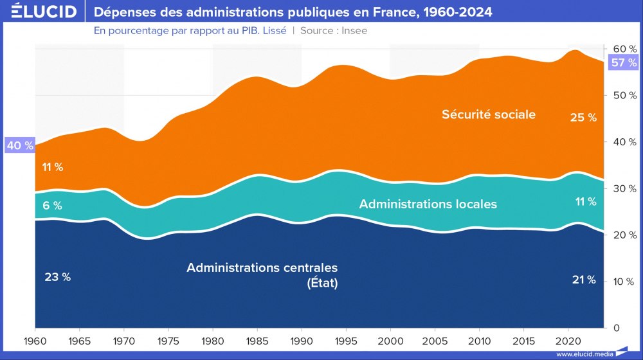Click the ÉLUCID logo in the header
click(x=41, y=12)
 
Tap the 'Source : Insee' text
click(x=334, y=30)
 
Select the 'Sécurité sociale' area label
click(x=489, y=114)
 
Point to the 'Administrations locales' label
click(x=428, y=204)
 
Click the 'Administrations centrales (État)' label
click(x=262, y=274)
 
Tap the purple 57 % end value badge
click(x=624, y=62)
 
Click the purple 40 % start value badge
click(x=19, y=145)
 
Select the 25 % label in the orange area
click(x=583, y=118)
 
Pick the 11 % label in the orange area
click(x=53, y=167)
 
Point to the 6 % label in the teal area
click(x=53, y=206)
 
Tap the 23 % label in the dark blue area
click(x=57, y=277)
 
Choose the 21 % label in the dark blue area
click(x=584, y=280)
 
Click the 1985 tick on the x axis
click(x=257, y=339)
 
